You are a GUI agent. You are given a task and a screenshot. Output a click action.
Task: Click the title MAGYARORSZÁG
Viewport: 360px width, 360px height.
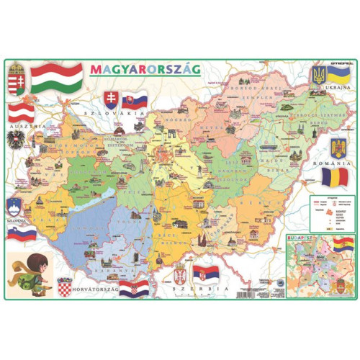146,70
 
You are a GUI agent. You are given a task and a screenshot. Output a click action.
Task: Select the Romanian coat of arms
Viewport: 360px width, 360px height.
337,150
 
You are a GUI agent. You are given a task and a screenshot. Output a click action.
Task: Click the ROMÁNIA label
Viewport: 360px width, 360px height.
336,164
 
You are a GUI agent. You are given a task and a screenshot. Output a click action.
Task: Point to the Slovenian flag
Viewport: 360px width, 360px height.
22,233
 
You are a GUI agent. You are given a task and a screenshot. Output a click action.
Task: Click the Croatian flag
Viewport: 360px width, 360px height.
134,289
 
